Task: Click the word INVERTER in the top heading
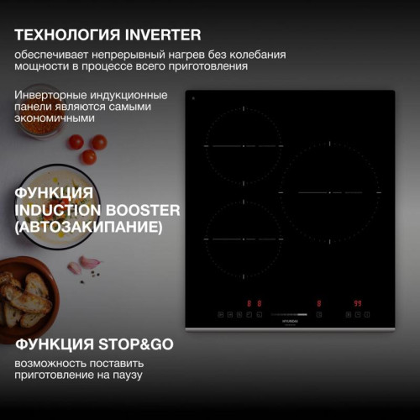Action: (163, 34)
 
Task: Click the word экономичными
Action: (54, 118)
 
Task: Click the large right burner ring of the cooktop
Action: (328, 192)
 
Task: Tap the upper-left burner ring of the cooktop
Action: (243, 146)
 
